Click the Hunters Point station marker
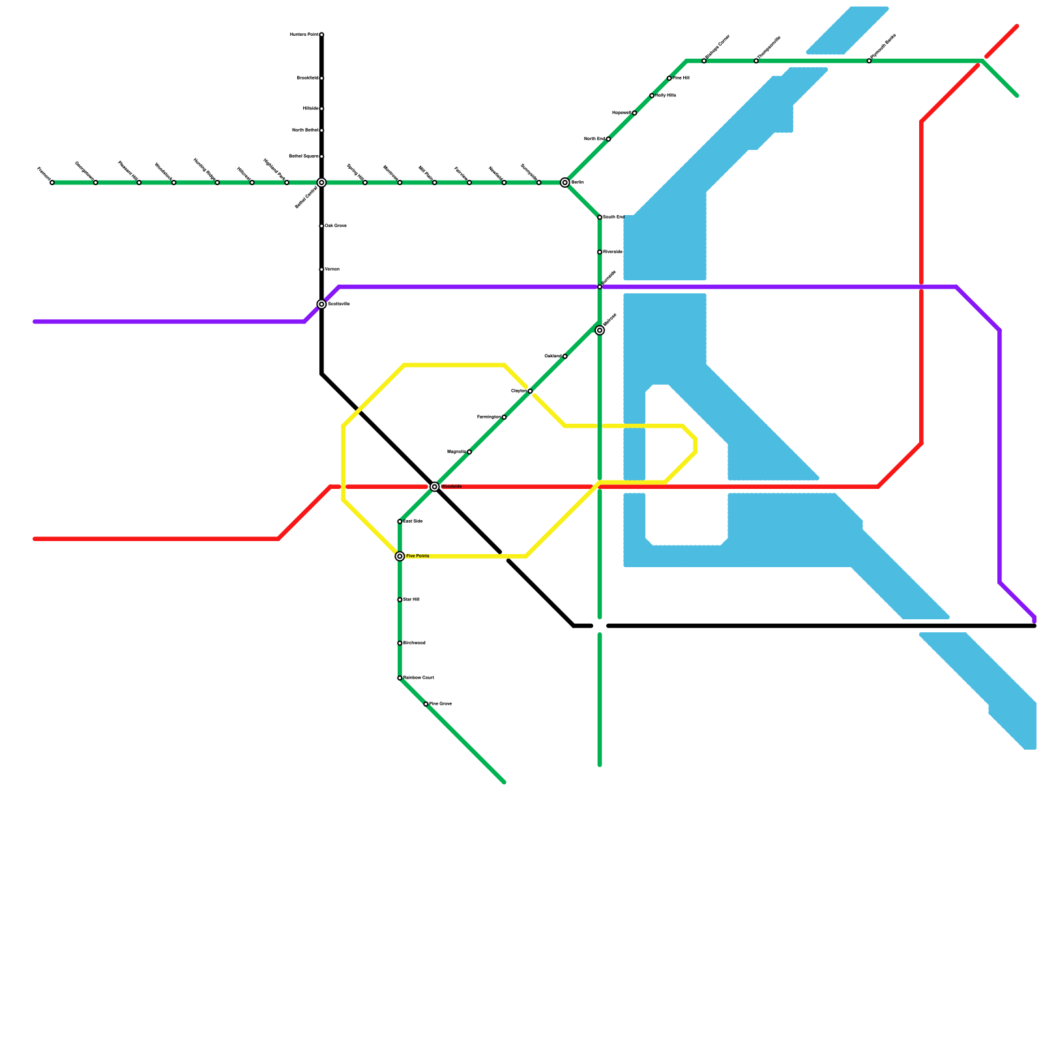pyautogui.click(x=321, y=35)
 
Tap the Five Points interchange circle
pyautogui.click(x=400, y=556)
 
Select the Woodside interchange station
pyautogui.click(x=435, y=487)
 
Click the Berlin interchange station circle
pyautogui.click(x=565, y=183)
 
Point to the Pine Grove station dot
pyautogui.click(x=426, y=704)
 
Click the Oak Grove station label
pyautogui.click(x=336, y=226)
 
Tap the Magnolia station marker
pyautogui.click(x=469, y=452)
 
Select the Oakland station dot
pyautogui.click(x=565, y=357)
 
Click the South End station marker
pyautogui.click(x=600, y=217)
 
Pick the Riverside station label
pyautogui.click(x=613, y=252)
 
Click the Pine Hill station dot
pyautogui.click(x=669, y=78)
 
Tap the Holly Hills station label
pyautogui.click(x=666, y=95)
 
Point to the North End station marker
pyautogui.click(x=608, y=139)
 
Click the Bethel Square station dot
pyautogui.click(x=321, y=156)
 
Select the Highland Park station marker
pyautogui.click(x=287, y=183)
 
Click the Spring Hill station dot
pyautogui.click(x=365, y=183)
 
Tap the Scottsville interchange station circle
pyautogui.click(x=321, y=304)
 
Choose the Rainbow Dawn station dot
pyautogui.click(x=400, y=678)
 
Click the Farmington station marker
pyautogui.click(x=504, y=417)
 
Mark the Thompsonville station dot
pyautogui.click(x=756, y=61)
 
